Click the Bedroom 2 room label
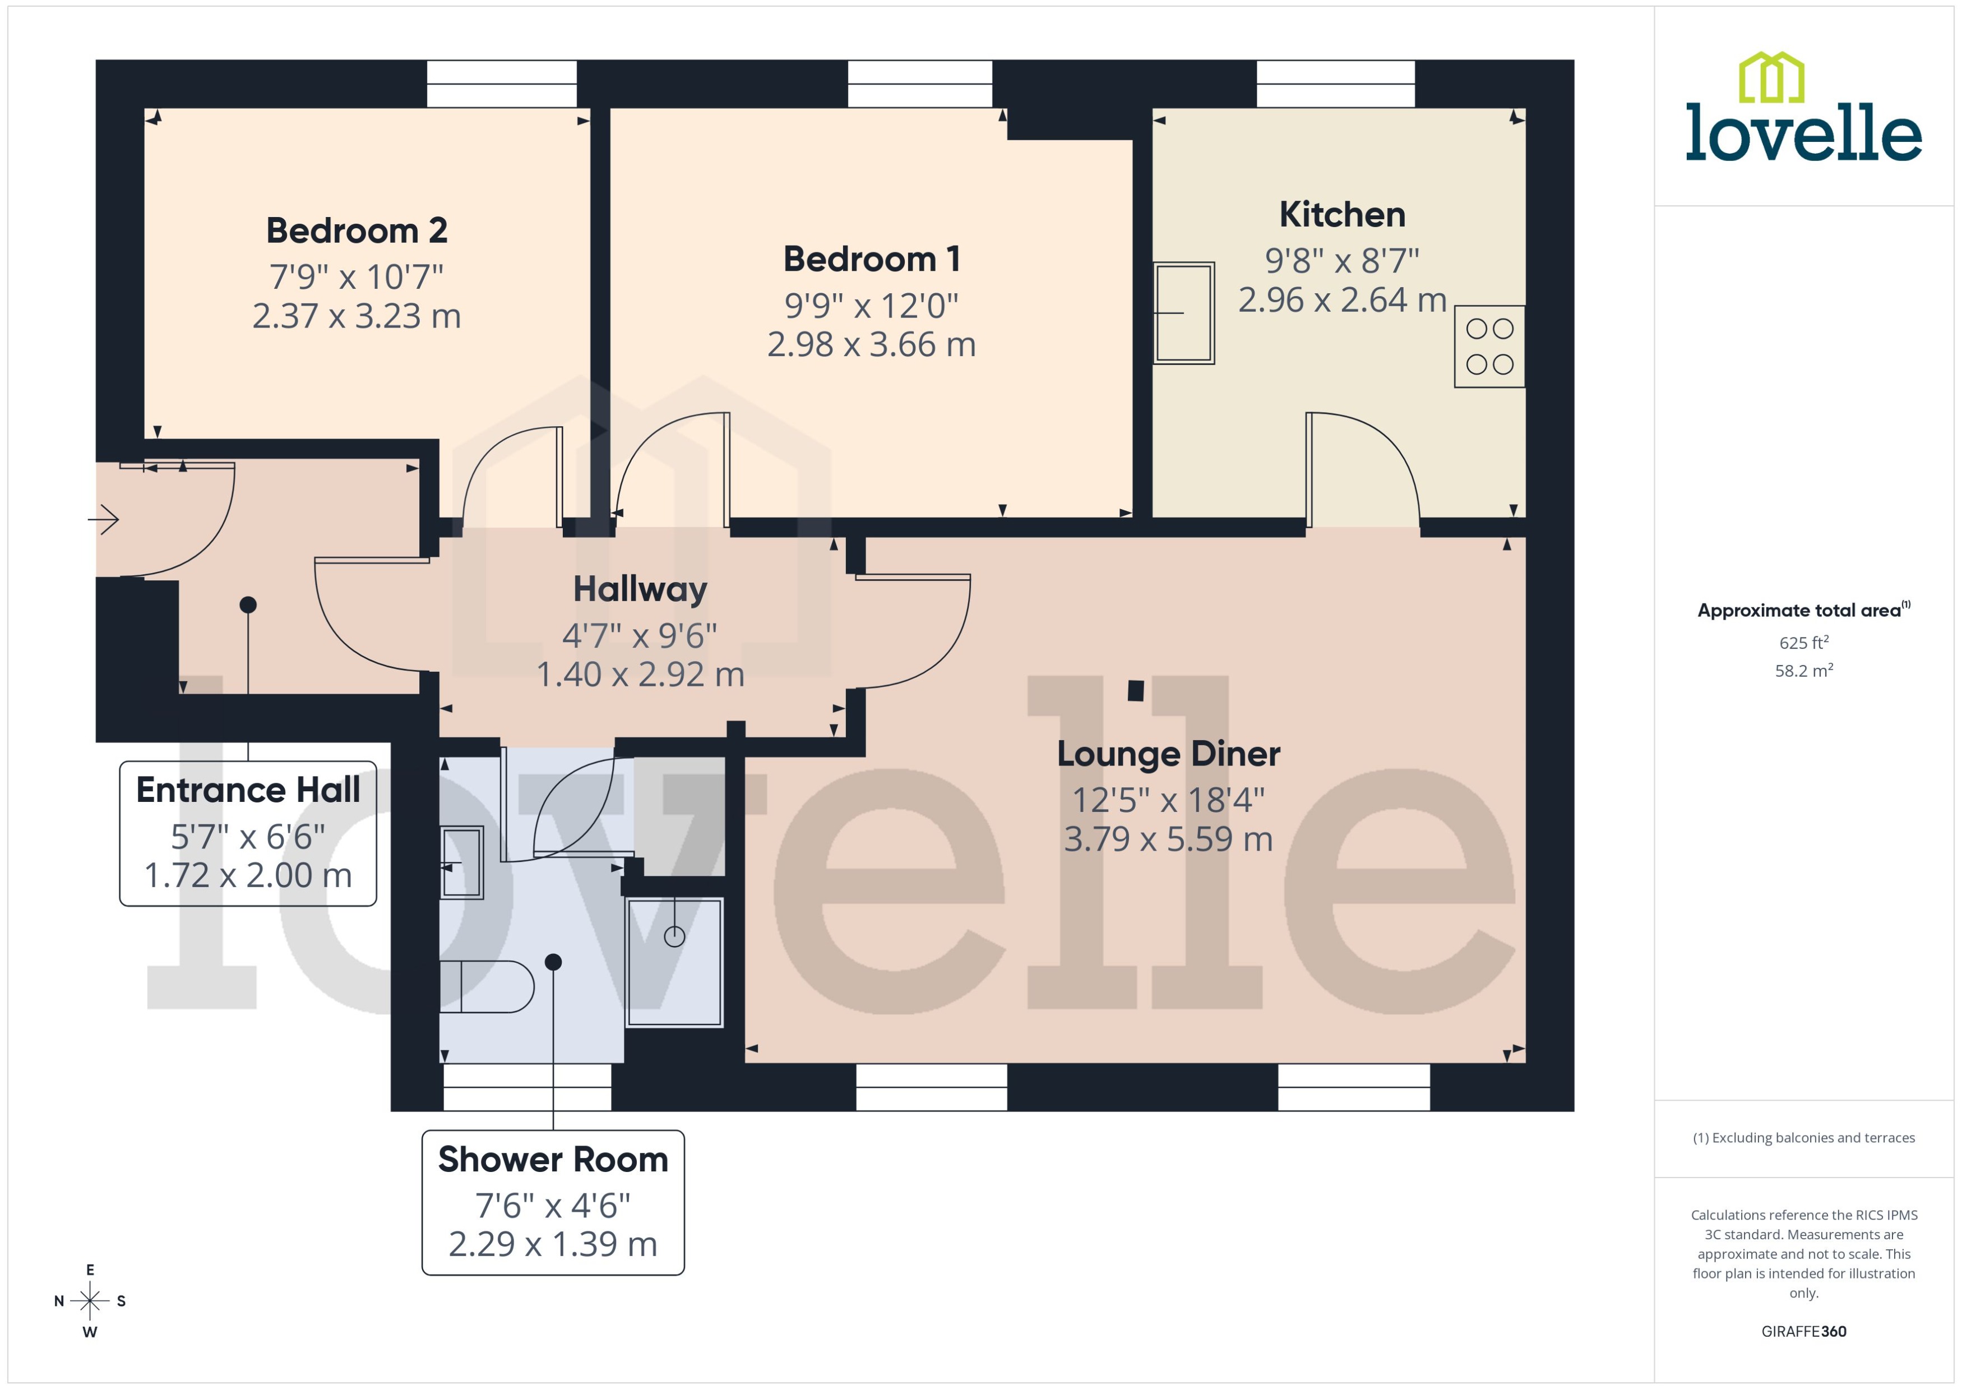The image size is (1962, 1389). pos(357,231)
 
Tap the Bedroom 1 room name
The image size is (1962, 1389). pos(871,259)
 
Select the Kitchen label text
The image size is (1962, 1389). pos(1341,215)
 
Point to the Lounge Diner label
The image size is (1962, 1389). pos(1168,754)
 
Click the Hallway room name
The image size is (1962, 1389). pos(640,589)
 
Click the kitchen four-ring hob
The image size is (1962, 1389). pos(1489,347)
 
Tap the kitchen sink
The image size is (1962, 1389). pos(1183,313)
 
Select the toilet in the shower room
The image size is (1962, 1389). pos(485,986)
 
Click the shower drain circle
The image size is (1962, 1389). pos(674,936)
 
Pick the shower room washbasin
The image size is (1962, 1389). pos(462,862)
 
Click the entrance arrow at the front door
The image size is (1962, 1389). pos(104,519)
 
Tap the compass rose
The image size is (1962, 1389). pos(90,1301)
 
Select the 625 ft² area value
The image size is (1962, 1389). pos(1803,642)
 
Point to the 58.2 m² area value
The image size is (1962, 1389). pos(1803,671)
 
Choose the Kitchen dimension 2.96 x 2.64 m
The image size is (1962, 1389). pos(1341,300)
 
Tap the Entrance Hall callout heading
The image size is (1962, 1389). pos(248,790)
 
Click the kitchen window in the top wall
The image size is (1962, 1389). pos(1335,84)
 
